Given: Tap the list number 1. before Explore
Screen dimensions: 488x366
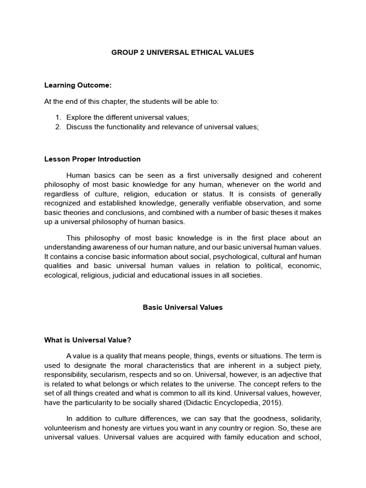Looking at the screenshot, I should [x=59, y=117].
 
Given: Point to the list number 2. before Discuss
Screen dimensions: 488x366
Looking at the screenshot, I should [x=59, y=127].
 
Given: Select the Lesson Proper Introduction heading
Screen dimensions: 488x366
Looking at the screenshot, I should [x=92, y=159].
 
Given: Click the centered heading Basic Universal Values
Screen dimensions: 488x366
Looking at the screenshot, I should [x=183, y=307].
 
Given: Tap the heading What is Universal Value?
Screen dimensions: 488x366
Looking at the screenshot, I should [x=87, y=340].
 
